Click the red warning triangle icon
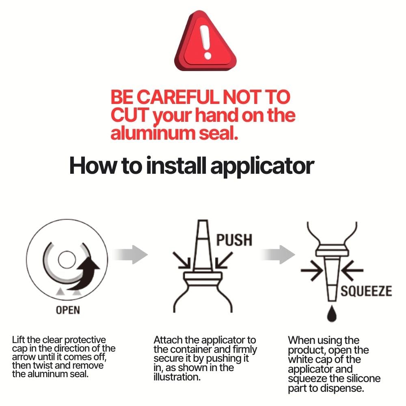pyautogui.click(x=205, y=41)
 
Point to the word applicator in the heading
pyautogui.click(x=262, y=166)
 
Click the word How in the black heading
pyautogui.click(x=93, y=166)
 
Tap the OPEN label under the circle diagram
pyautogui.click(x=68, y=310)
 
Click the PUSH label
pyautogui.click(x=234, y=240)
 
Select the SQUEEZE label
pyautogui.click(x=366, y=291)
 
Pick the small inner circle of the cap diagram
pyautogui.click(x=67, y=260)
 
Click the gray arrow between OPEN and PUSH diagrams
pyautogui.click(x=130, y=255)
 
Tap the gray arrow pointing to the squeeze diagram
pyautogui.click(x=277, y=255)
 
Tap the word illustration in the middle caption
pyautogui.click(x=177, y=377)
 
